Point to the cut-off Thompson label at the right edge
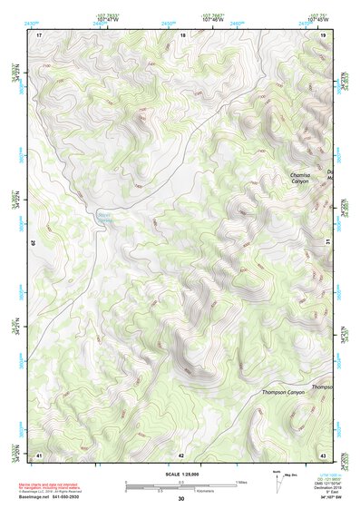point(323,387)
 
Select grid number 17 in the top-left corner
point(39,34)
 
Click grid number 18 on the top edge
point(182,34)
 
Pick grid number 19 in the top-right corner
point(323,34)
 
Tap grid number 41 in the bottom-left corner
point(39,454)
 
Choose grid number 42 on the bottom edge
point(181,454)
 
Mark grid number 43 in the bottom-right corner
point(323,454)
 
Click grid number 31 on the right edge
point(327,240)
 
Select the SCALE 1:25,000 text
point(180,475)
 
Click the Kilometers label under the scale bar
point(186,491)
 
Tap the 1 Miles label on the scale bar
point(240,482)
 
